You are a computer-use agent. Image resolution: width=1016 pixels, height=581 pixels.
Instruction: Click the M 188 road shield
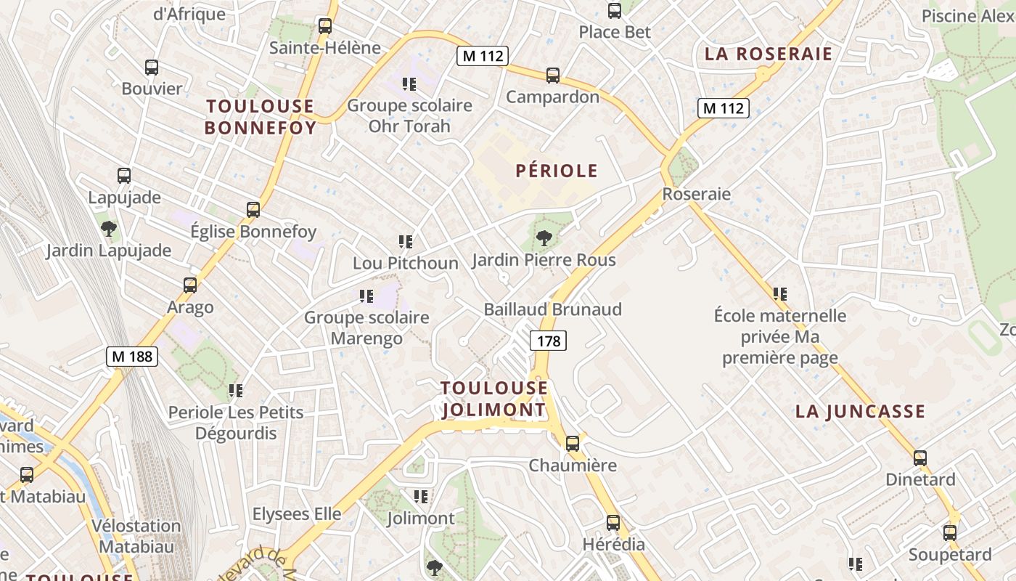(x=131, y=357)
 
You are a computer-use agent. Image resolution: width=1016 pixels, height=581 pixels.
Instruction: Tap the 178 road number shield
(x=548, y=340)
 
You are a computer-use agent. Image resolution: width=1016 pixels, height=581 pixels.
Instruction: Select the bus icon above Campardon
(x=553, y=76)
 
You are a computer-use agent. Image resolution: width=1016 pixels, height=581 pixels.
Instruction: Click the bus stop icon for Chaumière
(x=573, y=443)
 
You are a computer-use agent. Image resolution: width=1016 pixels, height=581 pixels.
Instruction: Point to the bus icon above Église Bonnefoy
(x=253, y=210)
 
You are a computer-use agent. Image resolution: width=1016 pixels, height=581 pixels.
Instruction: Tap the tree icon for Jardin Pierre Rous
(x=544, y=237)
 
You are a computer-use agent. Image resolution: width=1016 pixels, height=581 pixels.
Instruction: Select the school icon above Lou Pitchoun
(x=406, y=241)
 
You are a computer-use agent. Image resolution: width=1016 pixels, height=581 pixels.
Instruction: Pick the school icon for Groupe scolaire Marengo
(x=366, y=296)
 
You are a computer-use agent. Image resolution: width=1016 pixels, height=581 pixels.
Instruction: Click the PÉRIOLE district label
(x=557, y=171)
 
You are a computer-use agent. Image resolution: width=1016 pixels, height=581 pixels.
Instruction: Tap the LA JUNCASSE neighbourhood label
(x=860, y=411)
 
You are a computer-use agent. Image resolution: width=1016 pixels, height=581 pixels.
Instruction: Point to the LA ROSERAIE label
(x=768, y=54)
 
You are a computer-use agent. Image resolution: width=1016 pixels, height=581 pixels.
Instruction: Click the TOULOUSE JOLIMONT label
(x=493, y=399)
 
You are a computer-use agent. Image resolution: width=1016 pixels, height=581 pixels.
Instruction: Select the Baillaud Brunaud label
(x=553, y=309)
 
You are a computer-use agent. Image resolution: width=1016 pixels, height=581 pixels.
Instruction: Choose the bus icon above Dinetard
(x=920, y=458)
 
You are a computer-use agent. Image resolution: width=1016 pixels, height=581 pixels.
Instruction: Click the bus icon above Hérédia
(x=613, y=522)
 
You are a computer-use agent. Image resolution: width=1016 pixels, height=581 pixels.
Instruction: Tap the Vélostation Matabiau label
(x=136, y=536)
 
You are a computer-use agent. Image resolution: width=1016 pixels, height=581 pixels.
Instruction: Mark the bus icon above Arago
(x=190, y=285)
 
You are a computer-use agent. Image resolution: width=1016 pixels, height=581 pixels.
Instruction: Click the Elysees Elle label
(x=297, y=514)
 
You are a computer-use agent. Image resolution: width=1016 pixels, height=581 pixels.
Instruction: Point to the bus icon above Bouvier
(x=152, y=68)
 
